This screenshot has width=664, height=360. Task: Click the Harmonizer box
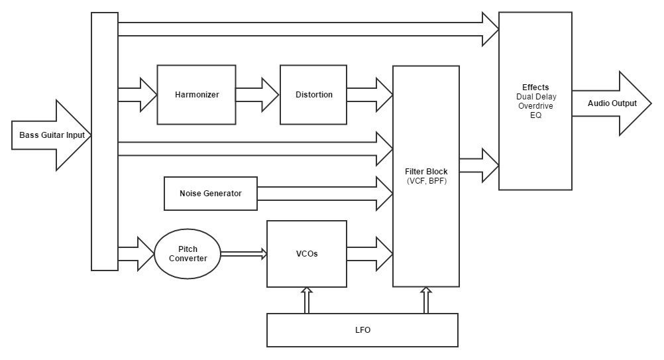pyautogui.click(x=196, y=95)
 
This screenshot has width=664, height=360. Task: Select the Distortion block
pyautogui.click(x=313, y=95)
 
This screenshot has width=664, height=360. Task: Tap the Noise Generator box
pyautogui.click(x=211, y=194)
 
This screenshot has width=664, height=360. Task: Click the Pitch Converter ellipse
pyautogui.click(x=188, y=254)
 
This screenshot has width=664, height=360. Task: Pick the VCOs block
pyautogui.click(x=306, y=254)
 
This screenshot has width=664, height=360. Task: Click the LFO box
pyautogui.click(x=362, y=330)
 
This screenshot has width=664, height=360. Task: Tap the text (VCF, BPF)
pyautogui.click(x=426, y=181)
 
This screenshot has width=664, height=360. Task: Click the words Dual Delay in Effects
pyautogui.click(x=535, y=96)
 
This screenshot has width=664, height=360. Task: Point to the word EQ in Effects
pyautogui.click(x=535, y=115)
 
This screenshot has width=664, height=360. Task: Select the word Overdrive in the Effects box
pyautogui.click(x=535, y=105)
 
